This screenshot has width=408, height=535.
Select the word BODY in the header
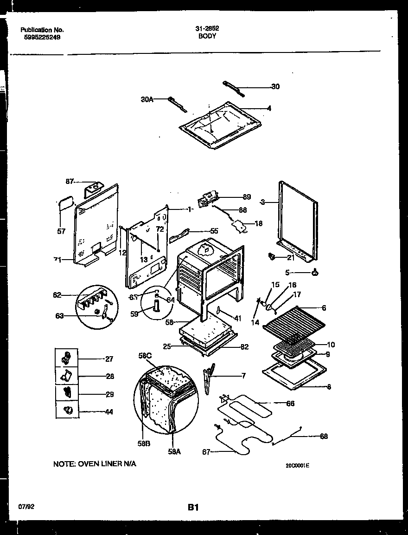[x=207, y=36]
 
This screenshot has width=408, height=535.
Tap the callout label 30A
[x=147, y=99]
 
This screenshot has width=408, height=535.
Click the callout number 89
[x=246, y=197]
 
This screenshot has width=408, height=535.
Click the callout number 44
[x=109, y=411]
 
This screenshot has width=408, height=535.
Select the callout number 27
[x=109, y=359]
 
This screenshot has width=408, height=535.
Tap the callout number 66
[x=290, y=404]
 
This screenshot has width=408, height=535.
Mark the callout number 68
[x=324, y=436]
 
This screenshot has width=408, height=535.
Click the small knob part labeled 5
[x=315, y=273]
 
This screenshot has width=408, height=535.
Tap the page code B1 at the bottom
[x=193, y=508]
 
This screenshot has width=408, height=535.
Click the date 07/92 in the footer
[x=27, y=507]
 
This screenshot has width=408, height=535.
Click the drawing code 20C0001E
[x=297, y=465]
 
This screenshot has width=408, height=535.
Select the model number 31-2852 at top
[x=207, y=28]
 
